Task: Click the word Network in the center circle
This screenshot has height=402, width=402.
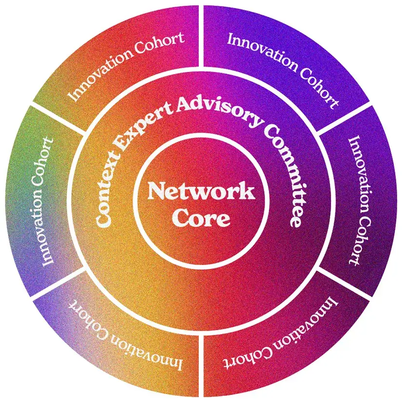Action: click(201, 191)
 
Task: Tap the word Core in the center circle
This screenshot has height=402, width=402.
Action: click(201, 218)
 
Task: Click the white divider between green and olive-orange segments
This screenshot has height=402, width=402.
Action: click(58, 117)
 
